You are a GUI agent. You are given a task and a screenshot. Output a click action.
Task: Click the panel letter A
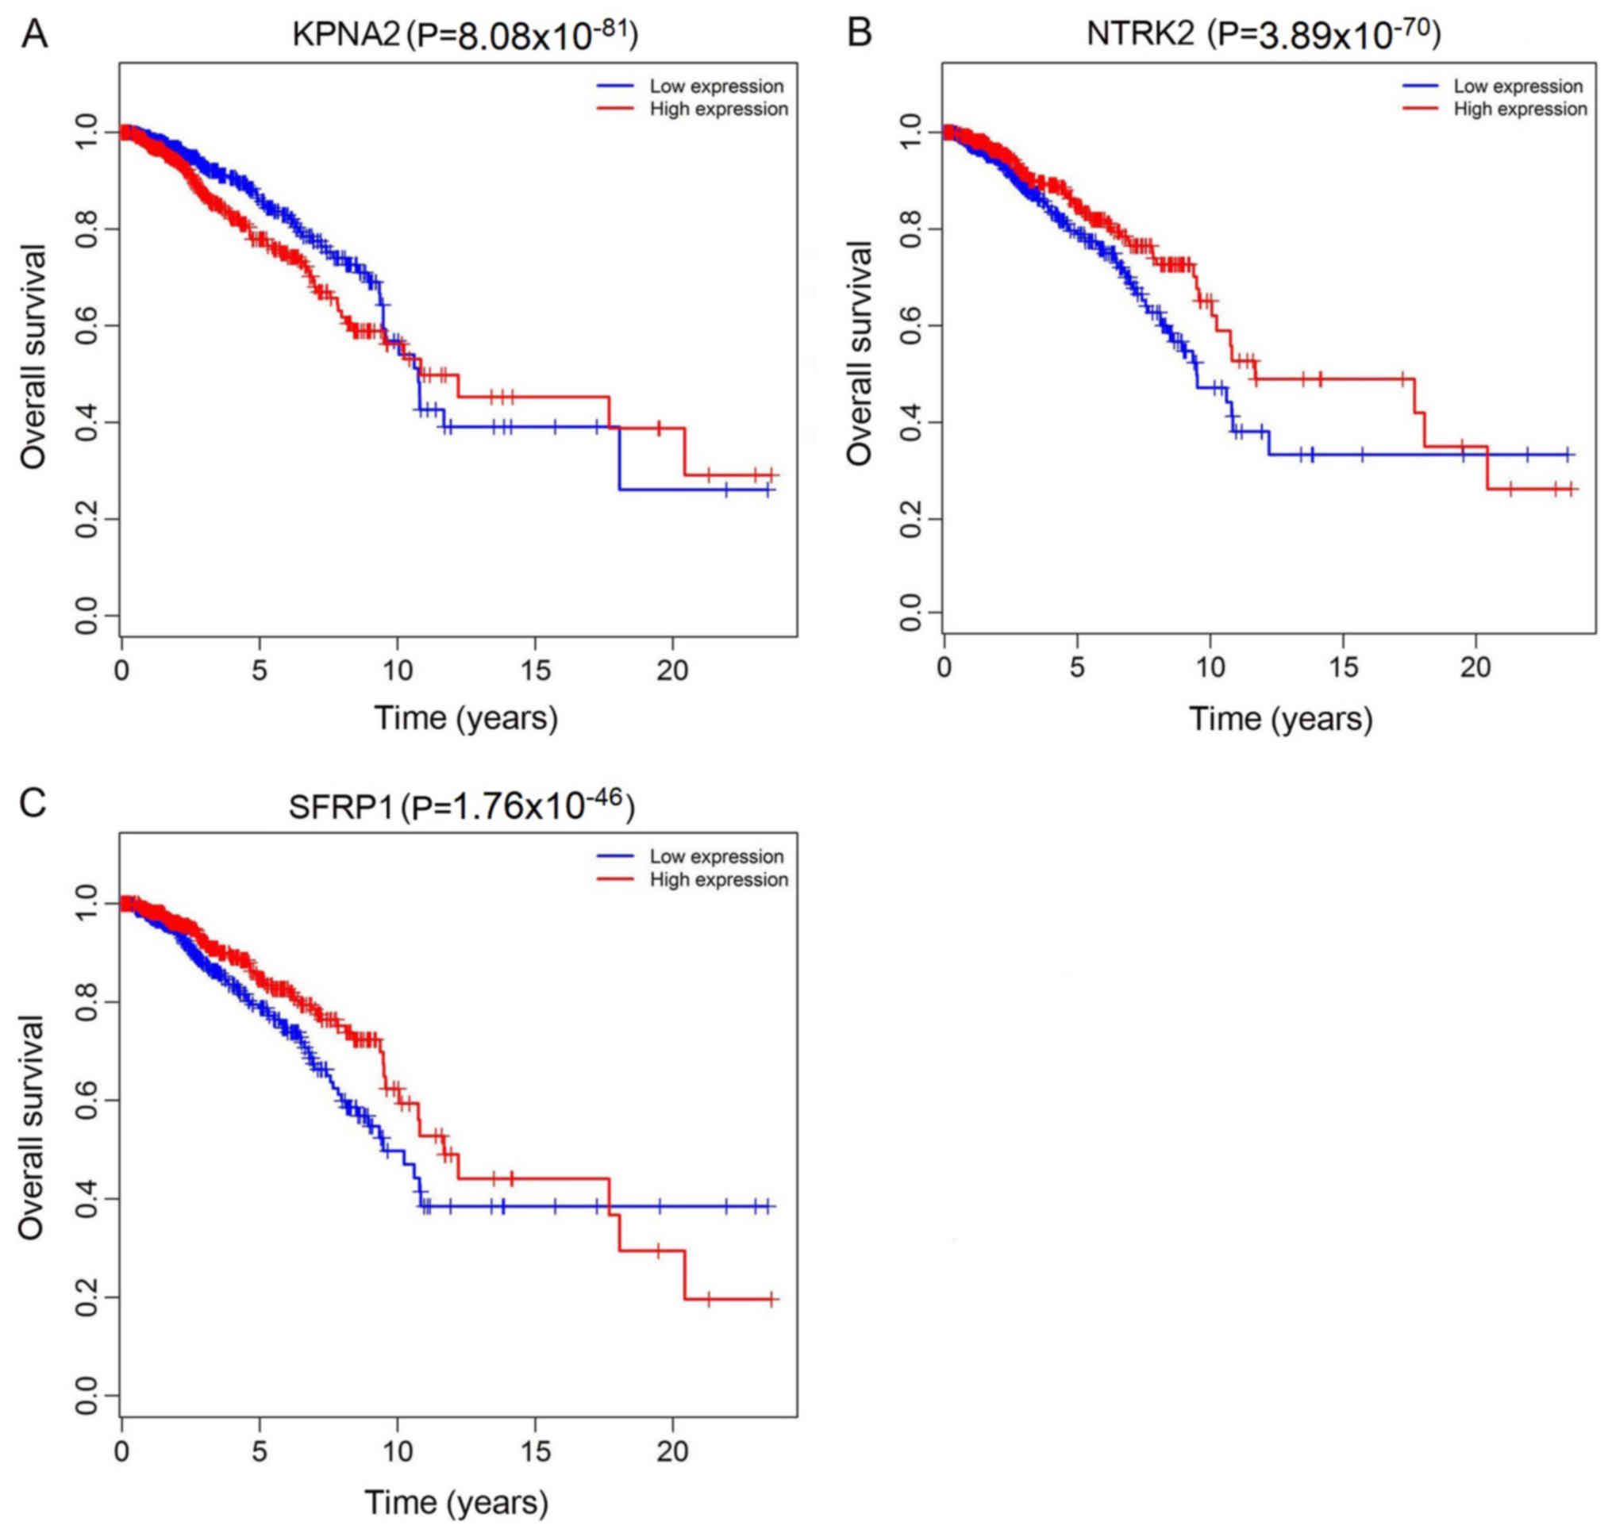click(x=33, y=33)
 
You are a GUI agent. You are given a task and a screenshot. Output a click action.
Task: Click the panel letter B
click(x=859, y=33)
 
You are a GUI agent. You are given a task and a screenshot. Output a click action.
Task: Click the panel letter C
click(x=33, y=804)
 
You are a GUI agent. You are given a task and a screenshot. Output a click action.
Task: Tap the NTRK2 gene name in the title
click(x=1140, y=33)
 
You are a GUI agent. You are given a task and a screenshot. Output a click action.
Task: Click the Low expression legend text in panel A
click(x=716, y=86)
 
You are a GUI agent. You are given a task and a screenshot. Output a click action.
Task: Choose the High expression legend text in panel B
click(x=1520, y=109)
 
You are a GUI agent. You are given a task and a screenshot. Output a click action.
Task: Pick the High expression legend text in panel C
click(x=719, y=879)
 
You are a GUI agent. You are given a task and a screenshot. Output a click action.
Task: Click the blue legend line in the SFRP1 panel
click(x=615, y=856)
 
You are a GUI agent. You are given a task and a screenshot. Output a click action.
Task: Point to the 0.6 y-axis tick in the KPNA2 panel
click(x=86, y=326)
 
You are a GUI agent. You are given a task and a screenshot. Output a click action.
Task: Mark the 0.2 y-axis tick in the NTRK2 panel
click(x=910, y=520)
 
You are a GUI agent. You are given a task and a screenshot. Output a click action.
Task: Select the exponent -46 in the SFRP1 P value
click(x=606, y=799)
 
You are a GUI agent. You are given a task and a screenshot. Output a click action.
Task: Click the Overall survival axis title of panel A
click(x=33, y=356)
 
